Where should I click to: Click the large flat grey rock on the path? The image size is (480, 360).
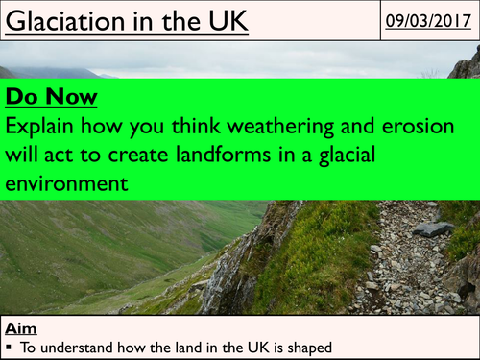[434, 229]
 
